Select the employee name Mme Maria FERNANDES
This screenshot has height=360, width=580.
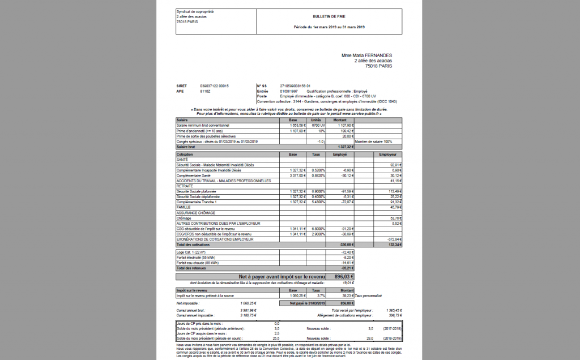[x=366, y=55]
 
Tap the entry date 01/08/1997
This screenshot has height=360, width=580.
[x=288, y=91]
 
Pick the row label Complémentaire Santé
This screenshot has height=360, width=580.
[x=195, y=175]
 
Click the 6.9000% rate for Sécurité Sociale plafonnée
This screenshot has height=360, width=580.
[x=318, y=191]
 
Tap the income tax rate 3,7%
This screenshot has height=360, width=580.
[x=321, y=295]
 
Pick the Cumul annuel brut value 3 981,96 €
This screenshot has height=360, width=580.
[x=248, y=310]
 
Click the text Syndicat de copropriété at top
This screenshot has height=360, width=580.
[x=195, y=11]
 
